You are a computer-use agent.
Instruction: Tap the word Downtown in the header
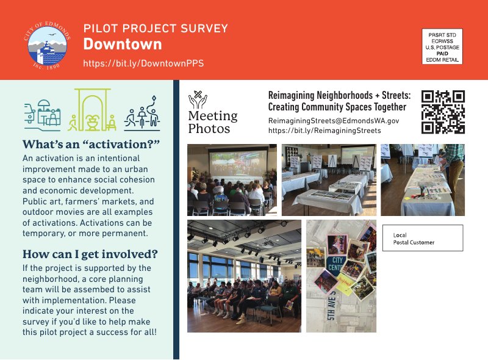[x=123, y=45]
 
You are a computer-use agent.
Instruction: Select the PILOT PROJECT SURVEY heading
[x=156, y=29]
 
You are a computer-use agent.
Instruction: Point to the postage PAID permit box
[x=442, y=46]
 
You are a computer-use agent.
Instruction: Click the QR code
[x=443, y=112]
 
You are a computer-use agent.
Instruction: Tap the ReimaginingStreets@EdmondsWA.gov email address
[x=334, y=121]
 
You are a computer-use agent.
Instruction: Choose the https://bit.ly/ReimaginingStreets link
[x=325, y=131]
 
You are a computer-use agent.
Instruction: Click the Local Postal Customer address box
[x=423, y=238]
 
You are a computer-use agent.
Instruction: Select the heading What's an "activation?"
[x=91, y=145]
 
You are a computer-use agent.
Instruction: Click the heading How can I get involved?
[x=90, y=254]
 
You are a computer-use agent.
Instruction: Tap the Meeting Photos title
[x=212, y=122]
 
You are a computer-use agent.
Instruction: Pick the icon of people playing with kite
[x=142, y=112]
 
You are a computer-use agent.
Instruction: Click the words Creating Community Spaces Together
[x=337, y=107]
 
